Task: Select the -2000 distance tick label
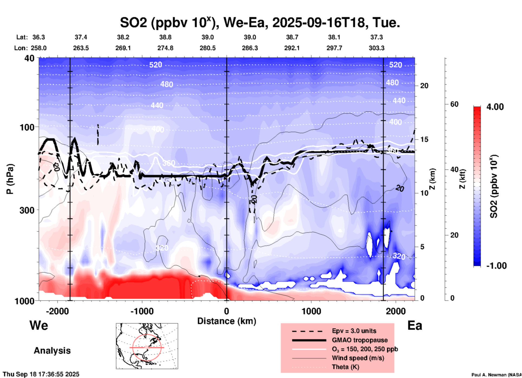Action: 57,311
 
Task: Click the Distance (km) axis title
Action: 227,321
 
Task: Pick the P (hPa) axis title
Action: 10,179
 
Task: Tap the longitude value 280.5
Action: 208,48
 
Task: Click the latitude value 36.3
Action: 38,37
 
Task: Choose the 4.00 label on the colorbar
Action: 495,107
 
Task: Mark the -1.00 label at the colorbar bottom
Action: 496,265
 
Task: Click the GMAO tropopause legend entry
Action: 360,340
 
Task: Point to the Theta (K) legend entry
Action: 345,367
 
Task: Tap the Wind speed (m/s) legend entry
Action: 358,358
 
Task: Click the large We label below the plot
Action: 39,325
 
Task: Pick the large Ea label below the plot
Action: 415,325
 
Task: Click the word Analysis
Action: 52,351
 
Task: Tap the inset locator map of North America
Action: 147,346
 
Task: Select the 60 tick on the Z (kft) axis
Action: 454,104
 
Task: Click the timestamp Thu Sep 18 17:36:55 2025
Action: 41,374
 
